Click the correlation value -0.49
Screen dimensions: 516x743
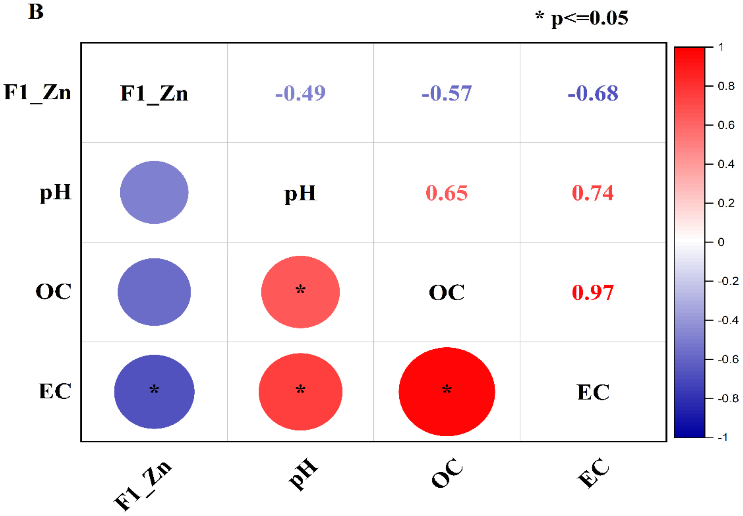click(300, 93)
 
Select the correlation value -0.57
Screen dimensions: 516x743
click(446, 93)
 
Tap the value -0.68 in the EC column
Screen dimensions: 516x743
click(593, 93)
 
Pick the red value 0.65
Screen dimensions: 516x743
click(446, 193)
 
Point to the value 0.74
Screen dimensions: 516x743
click(593, 193)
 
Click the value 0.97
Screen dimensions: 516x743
click(593, 293)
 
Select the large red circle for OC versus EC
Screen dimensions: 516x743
click(447, 391)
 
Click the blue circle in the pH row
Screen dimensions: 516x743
click(154, 192)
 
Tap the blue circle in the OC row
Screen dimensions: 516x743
click(154, 292)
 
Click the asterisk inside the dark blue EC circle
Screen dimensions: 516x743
click(154, 389)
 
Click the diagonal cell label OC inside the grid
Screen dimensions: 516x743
click(446, 293)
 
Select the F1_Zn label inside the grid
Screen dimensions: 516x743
click(154, 93)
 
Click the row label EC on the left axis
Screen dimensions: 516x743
click(55, 391)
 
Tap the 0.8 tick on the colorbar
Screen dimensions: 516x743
click(726, 86)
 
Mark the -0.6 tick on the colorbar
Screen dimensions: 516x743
click(727, 359)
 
